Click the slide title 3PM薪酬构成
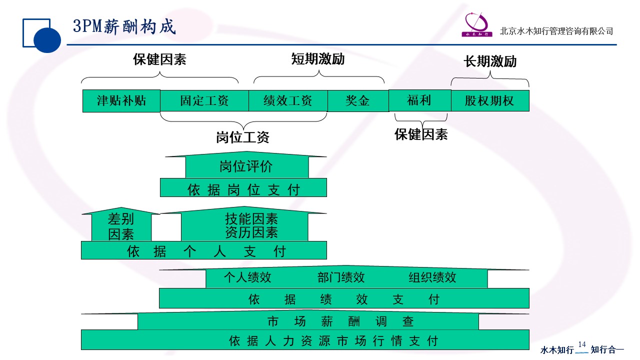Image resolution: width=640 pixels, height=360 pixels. [124, 26]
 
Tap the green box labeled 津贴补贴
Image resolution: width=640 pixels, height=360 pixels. [121, 101]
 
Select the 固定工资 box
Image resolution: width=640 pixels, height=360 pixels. [204, 101]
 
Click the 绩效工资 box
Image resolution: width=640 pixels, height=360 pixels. [288, 101]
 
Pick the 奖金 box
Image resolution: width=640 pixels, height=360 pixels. [357, 101]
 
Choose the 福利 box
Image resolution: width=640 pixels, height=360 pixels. [419, 100]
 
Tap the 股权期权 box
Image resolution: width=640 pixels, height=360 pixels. [489, 101]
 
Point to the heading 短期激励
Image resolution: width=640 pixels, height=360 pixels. [318, 59]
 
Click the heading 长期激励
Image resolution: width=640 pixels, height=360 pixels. [490, 61]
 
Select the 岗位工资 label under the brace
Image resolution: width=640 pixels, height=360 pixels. [242, 137]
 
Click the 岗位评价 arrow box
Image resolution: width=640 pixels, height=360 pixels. [246, 166]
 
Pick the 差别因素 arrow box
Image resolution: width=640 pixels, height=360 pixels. [121, 226]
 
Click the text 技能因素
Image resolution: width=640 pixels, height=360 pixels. [251, 218]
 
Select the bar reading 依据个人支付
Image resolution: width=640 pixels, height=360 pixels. [204, 251]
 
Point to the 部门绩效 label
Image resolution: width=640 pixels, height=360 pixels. [341, 277]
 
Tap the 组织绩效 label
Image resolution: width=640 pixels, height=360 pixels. [432, 277]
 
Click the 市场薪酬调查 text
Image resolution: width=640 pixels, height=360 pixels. [340, 321]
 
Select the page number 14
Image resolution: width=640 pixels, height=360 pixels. [581, 344]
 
